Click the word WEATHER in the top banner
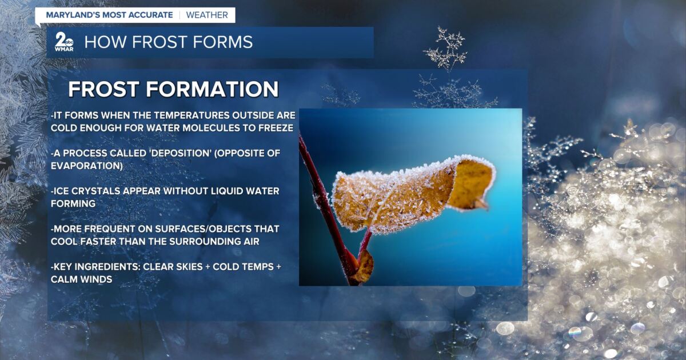click(207, 15)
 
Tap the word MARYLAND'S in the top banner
click(71, 15)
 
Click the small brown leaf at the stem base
click(362, 267)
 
